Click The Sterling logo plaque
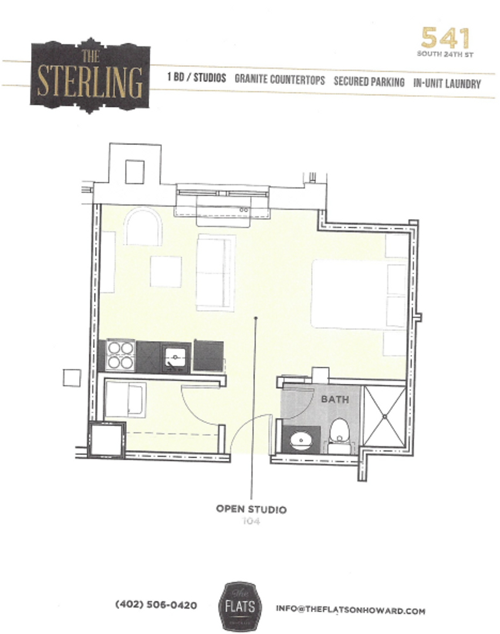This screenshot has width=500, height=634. [90, 76]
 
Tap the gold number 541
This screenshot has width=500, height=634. [445, 39]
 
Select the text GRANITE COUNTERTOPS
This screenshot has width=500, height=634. [279, 81]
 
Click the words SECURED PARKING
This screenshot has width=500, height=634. [369, 82]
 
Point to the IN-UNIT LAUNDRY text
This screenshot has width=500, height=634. [447, 83]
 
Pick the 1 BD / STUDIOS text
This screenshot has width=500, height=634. [197, 79]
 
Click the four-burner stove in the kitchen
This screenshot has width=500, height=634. [120, 355]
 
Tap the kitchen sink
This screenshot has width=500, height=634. [174, 357]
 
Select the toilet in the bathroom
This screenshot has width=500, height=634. [339, 433]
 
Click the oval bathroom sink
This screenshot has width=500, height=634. [301, 439]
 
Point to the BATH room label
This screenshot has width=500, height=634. [335, 399]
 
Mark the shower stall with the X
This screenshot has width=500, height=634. [384, 416]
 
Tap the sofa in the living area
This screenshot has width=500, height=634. [215, 272]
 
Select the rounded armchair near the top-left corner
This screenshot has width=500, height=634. [143, 227]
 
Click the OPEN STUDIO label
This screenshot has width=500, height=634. [251, 509]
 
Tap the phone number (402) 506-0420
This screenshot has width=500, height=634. [156, 605]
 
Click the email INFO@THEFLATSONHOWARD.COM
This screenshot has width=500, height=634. [350, 611]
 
